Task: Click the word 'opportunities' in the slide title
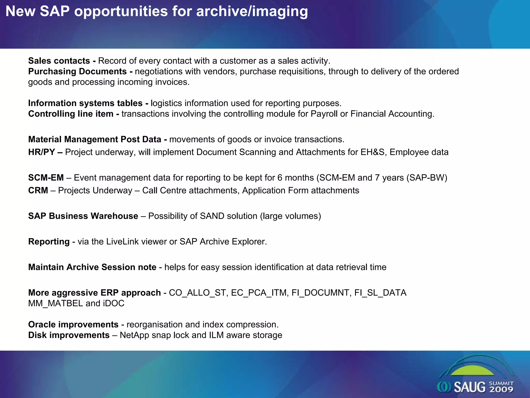pos(121,12)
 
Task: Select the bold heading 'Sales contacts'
pos(59,61)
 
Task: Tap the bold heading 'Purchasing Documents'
pos(77,72)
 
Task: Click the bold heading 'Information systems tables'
pos(85,103)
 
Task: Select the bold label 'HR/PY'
pos(41,152)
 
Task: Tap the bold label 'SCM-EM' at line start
pos(46,178)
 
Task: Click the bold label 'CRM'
pos(38,190)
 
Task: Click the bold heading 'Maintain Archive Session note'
pos(92,267)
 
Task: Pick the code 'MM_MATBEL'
pos(55,303)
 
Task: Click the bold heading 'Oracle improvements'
pos(73,325)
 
